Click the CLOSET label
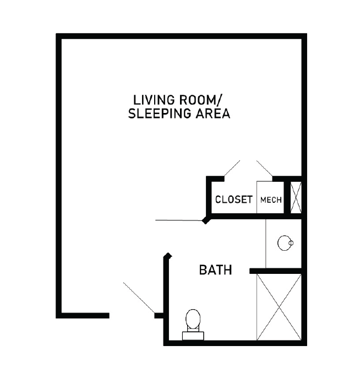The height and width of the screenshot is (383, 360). click(x=233, y=199)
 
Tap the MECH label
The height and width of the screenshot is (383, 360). click(x=271, y=200)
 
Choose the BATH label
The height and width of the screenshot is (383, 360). click(x=216, y=270)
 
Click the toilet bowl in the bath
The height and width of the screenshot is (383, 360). click(x=193, y=319)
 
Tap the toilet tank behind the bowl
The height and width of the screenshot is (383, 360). click(x=193, y=336)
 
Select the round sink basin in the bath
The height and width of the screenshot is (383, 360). click(x=285, y=243)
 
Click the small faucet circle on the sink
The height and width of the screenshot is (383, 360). click(x=291, y=243)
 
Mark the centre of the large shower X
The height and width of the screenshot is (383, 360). click(x=279, y=307)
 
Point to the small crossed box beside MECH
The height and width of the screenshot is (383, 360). click(x=296, y=197)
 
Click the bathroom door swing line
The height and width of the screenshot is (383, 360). click(x=179, y=220)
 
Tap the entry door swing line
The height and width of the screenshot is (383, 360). click(x=139, y=298)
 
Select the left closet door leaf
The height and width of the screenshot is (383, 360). click(x=232, y=168)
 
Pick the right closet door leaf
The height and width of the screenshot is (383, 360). click(x=264, y=168)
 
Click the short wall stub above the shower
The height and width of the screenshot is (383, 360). click(x=276, y=271)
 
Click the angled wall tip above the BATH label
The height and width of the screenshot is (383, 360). click(x=168, y=256)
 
